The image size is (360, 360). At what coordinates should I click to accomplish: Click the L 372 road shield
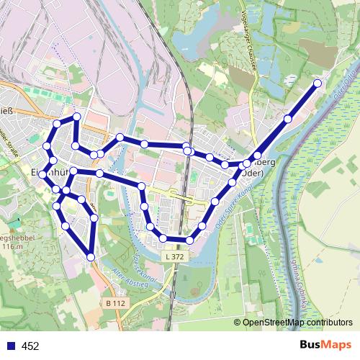pyautogui.click(x=173, y=256)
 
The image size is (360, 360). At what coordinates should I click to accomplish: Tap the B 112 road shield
pyautogui.click(x=115, y=303)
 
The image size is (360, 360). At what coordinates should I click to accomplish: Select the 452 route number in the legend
pyautogui.click(x=30, y=346)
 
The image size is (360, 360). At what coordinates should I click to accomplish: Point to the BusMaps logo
pyautogui.click(x=325, y=346)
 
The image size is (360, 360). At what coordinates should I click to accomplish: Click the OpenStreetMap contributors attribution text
pyautogui.click(x=297, y=323)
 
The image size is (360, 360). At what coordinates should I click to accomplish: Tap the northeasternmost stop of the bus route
pyautogui.click(x=318, y=84)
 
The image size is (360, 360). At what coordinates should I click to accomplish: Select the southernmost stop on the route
pyautogui.click(x=91, y=256)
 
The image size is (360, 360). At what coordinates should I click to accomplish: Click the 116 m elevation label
pyautogui.click(x=14, y=246)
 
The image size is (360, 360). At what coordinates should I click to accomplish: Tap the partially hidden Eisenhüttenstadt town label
pyautogui.click(x=21, y=173)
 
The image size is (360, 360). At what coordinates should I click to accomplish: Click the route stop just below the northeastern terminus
pyautogui.click(x=288, y=119)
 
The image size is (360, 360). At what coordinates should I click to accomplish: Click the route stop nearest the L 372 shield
pyautogui.click(x=164, y=238)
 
